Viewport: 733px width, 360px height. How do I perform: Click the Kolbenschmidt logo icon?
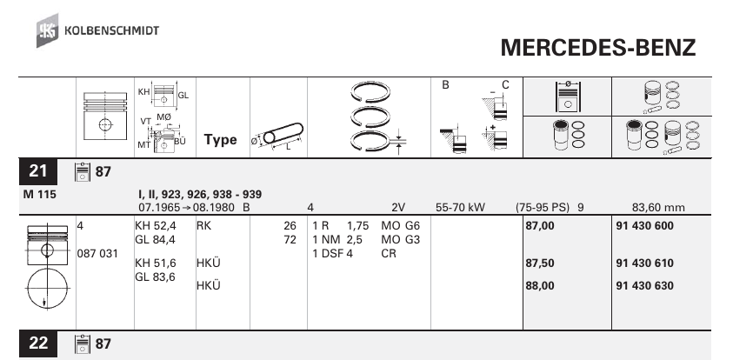click(x=48, y=30)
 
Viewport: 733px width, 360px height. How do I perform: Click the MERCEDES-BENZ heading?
click(x=598, y=48)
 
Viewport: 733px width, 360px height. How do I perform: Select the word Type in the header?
click(x=220, y=140)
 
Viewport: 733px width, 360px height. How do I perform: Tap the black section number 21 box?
click(x=38, y=171)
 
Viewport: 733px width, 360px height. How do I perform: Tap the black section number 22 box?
click(x=38, y=343)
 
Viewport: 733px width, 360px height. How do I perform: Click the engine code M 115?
click(x=39, y=195)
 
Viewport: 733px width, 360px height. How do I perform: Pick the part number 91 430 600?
click(x=644, y=226)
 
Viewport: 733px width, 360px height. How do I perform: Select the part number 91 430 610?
click(x=644, y=263)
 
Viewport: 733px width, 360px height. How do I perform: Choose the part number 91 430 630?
click(x=644, y=286)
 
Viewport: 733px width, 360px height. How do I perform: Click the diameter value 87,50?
click(x=540, y=263)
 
